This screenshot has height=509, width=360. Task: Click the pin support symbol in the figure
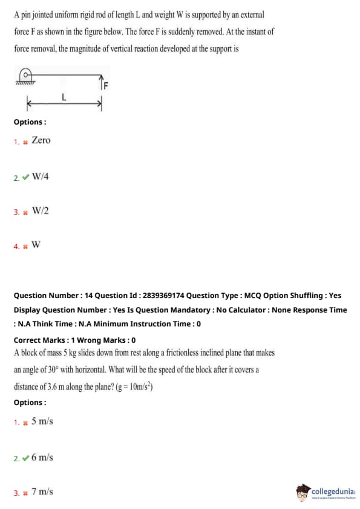coord(25,77)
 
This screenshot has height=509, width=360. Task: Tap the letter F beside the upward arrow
coord(106,86)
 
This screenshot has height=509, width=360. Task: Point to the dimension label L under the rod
coord(64,97)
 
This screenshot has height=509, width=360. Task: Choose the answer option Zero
coord(41,140)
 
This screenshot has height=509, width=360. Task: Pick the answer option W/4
coord(41,177)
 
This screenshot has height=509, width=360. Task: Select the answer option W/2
coord(41,211)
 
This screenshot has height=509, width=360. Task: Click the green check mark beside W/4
coord(26,177)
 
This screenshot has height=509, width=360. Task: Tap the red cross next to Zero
coord(25,142)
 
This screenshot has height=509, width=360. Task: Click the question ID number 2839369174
coord(163,296)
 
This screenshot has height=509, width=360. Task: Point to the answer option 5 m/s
coord(42,421)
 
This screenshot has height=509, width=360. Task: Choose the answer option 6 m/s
coord(42,458)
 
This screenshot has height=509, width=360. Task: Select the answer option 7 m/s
coord(42,491)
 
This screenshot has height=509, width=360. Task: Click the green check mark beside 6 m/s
coord(26,458)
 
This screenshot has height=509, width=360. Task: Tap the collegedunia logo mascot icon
coord(303,492)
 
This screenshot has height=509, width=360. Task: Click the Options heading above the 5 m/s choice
coord(30,403)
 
